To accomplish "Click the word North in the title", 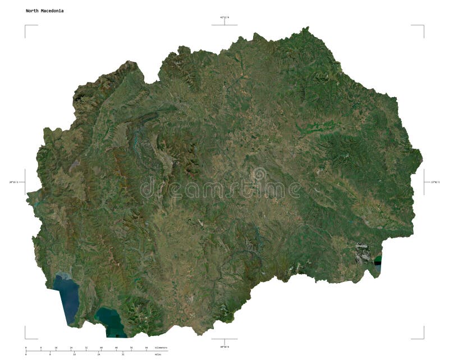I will [x=31, y=11].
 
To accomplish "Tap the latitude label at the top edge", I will [x=224, y=17].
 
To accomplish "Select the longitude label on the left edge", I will [x=17, y=182].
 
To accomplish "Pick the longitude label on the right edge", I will [x=432, y=182].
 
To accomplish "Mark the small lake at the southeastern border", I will [x=378, y=262].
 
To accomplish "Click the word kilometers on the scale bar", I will [x=161, y=348].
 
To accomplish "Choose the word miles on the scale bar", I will [x=158, y=355].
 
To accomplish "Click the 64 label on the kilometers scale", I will [x=146, y=348].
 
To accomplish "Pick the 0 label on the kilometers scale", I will [x=26, y=348].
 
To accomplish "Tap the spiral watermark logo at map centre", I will [x=259, y=175].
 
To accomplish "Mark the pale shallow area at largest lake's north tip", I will [x=62, y=276].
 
